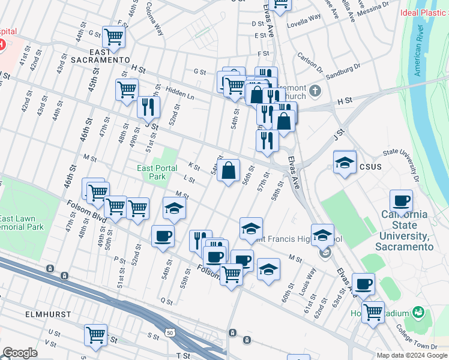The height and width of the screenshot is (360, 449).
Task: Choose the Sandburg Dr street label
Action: (x=343, y=72)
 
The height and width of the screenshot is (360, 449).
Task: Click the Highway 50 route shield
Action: (x=171, y=331)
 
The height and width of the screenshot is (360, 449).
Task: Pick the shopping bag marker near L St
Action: (x=229, y=171)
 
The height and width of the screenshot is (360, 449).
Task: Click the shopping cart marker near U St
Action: (x=96, y=335)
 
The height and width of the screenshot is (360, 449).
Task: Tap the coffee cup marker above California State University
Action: (x=401, y=201)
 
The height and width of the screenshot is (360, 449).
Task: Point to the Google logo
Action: (x=20, y=353)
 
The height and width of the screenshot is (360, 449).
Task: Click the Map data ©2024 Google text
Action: (x=411, y=355)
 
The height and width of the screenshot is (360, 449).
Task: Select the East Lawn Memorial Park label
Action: (x=22, y=223)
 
